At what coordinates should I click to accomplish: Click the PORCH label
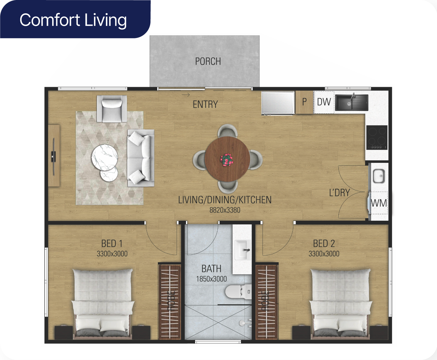pos(208,61)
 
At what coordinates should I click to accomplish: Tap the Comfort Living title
pos(73,20)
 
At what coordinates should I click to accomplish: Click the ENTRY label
pos(205,104)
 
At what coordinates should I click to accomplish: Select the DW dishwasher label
pos(324,102)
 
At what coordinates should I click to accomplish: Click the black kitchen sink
pos(352,102)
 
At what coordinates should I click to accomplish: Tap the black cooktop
pos(377,137)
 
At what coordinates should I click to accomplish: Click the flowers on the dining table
pos(226,160)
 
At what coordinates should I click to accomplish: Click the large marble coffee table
pos(105,157)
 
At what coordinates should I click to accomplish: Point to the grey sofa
pos(141,158)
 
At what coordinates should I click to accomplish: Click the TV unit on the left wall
pos(54,155)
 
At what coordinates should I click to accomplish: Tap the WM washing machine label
pos(379,203)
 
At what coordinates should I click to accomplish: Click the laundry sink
pos(379,176)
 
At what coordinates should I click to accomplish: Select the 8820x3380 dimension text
pos(225,210)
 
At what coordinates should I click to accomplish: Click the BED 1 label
pos(112,244)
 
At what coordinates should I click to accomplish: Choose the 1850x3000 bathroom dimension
pos(211,279)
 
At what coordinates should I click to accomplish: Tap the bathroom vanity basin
pos(243,250)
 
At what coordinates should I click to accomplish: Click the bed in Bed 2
pos(340,303)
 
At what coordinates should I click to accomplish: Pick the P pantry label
pos(304,102)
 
